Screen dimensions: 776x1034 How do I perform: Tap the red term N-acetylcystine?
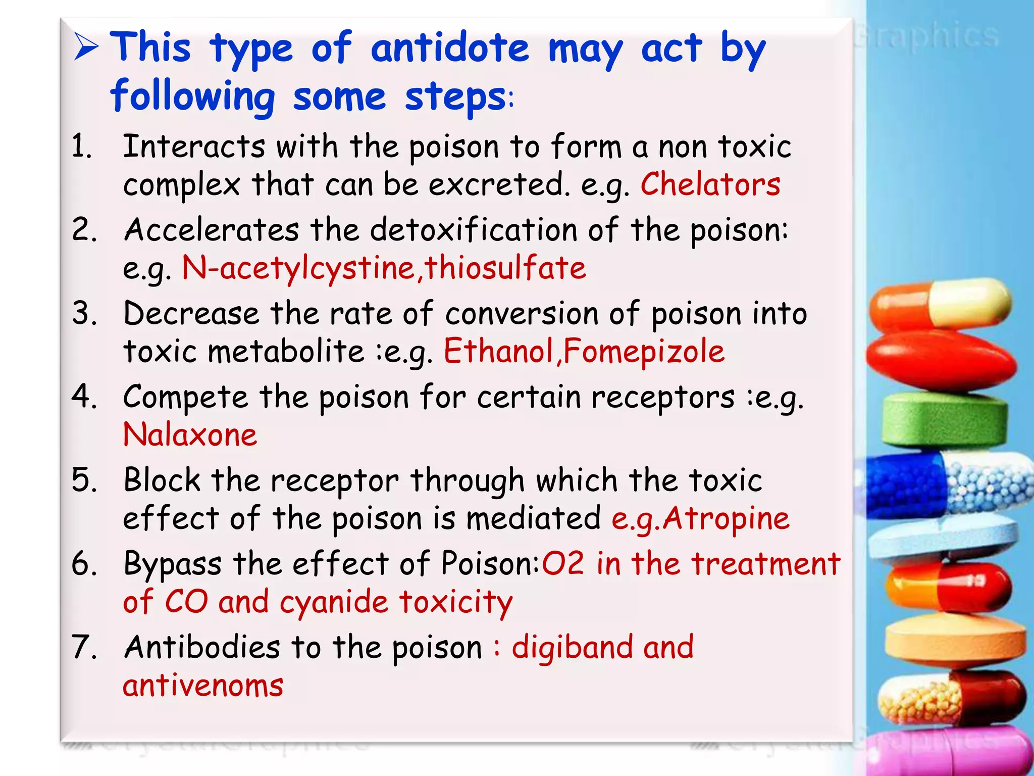(x=298, y=268)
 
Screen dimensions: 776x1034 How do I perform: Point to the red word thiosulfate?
(x=505, y=268)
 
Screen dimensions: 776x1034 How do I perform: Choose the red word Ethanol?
(x=499, y=351)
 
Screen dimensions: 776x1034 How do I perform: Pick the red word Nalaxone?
(x=190, y=435)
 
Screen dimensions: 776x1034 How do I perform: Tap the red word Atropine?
(x=726, y=519)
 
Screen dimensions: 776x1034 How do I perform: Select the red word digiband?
(x=572, y=648)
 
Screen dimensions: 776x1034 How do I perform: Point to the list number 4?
(x=83, y=396)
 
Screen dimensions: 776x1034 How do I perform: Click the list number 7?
(x=83, y=647)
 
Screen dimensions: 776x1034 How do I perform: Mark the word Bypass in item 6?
(x=172, y=564)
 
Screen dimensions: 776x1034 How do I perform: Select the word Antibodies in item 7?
(x=202, y=647)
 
